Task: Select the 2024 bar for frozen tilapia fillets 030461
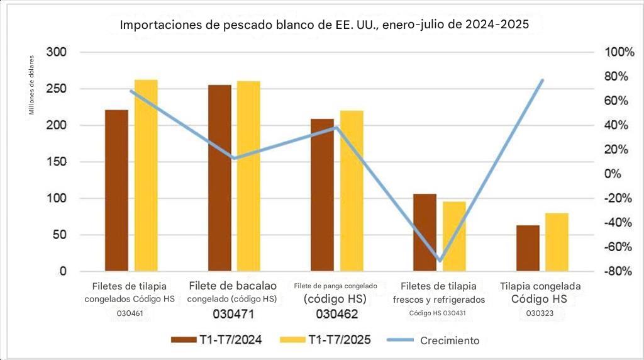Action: click(116, 191)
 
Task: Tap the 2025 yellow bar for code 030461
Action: click(146, 176)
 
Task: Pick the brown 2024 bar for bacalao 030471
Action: click(219, 178)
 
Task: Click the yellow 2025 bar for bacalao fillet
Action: click(248, 176)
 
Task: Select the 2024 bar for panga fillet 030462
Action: click(322, 195)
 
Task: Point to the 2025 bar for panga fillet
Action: click(352, 191)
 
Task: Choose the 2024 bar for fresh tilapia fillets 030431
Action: click(425, 233)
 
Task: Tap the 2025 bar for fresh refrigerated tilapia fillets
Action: click(454, 237)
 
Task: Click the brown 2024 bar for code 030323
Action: click(528, 248)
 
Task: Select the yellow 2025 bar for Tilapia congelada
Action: click(557, 242)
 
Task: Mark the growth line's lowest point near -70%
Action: click(440, 260)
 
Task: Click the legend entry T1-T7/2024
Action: click(217, 340)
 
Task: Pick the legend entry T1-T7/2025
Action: click(326, 340)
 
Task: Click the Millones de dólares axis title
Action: click(31, 86)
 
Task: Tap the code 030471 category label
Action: click(233, 313)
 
